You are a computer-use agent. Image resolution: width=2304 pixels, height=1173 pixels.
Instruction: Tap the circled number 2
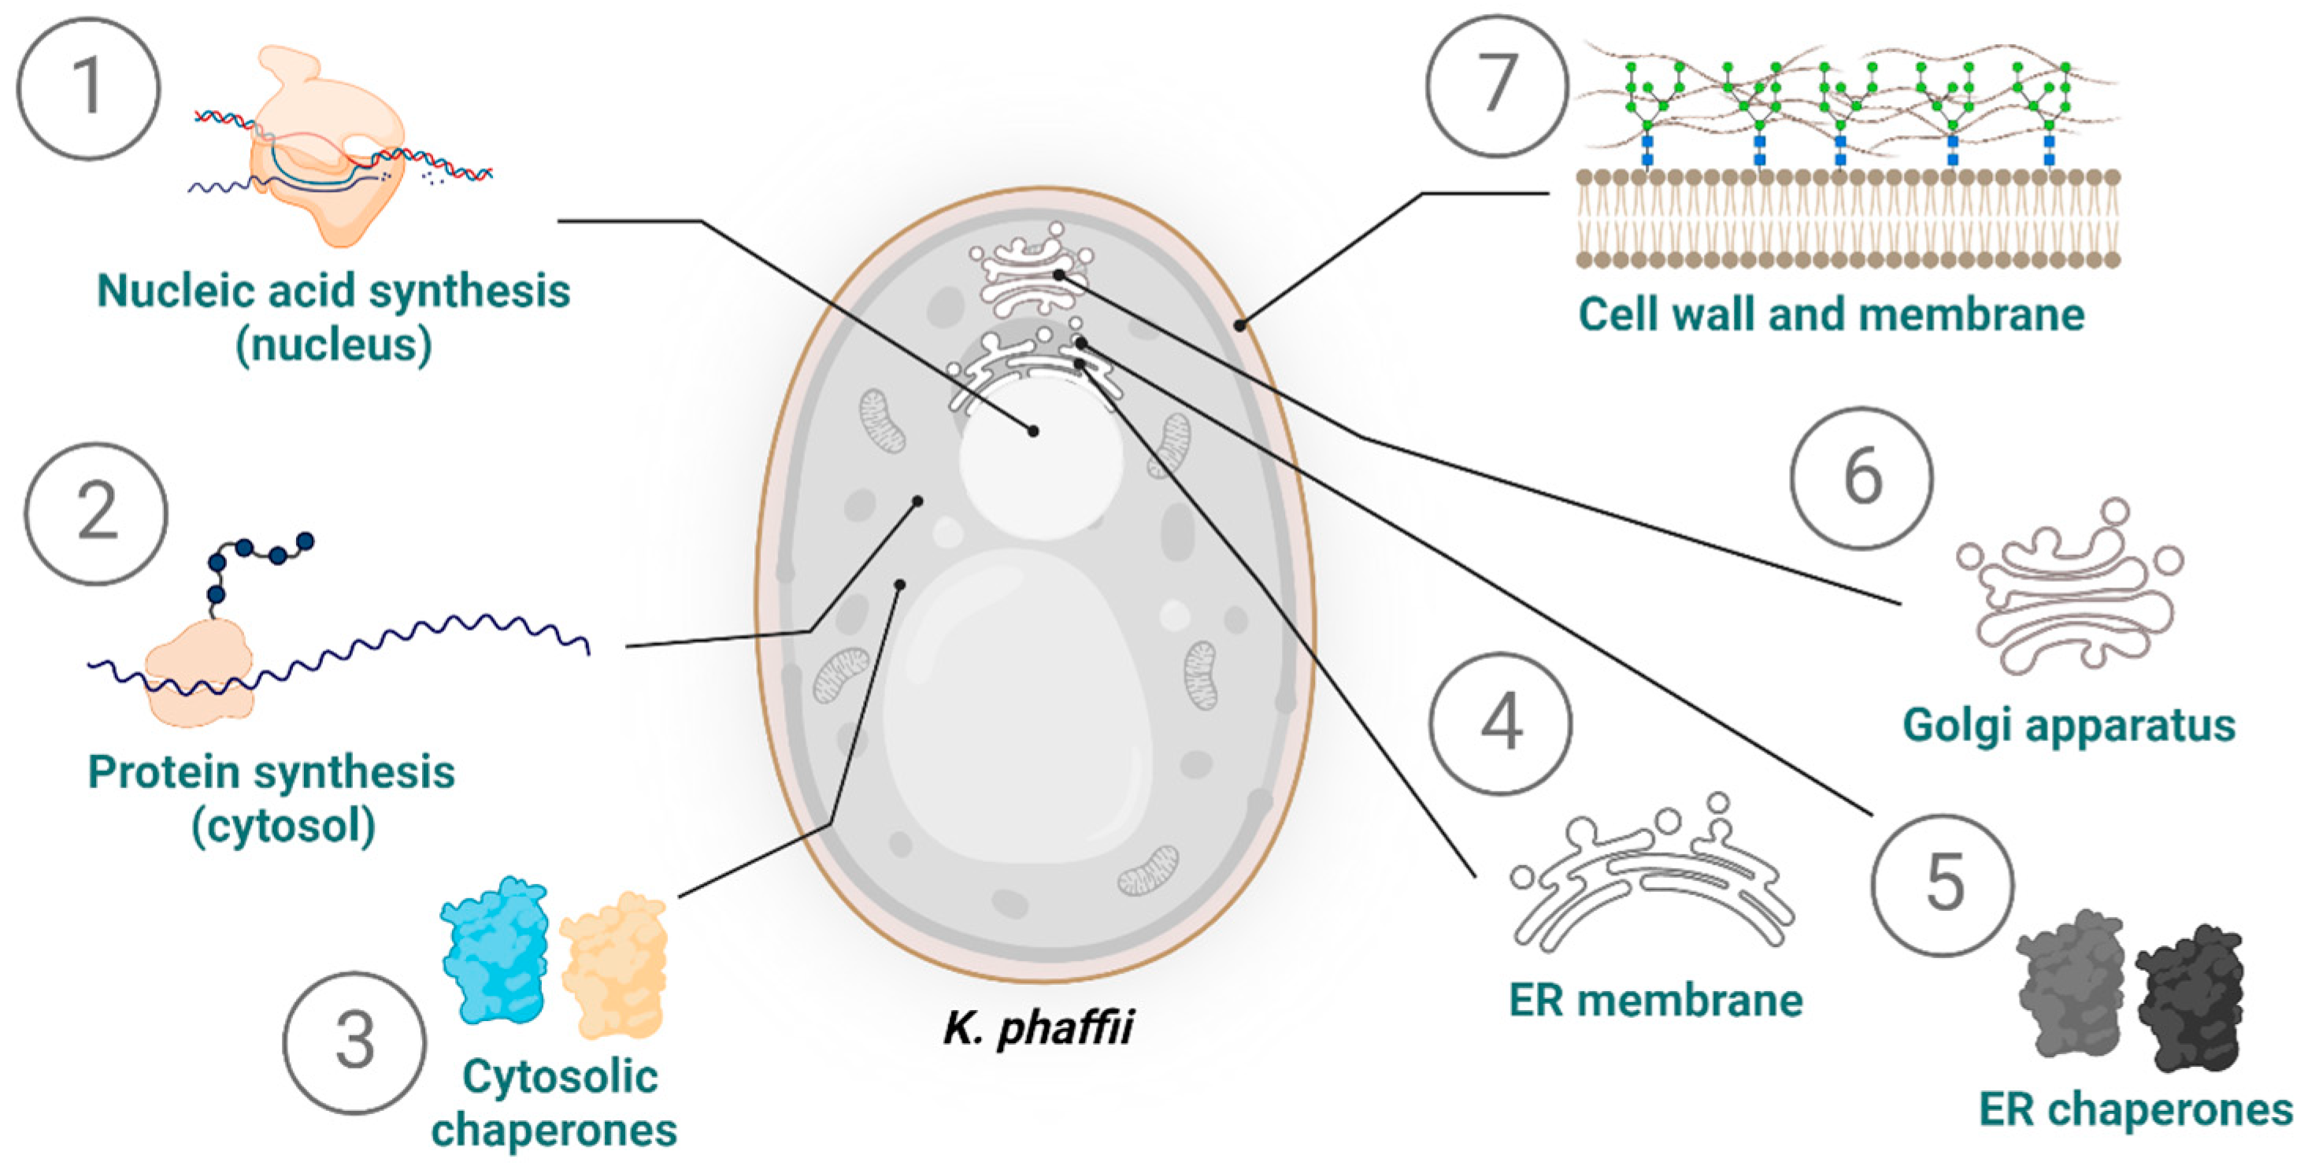pyautogui.click(x=96, y=513)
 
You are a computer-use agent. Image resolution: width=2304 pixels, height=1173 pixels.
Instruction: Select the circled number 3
pyautogui.click(x=355, y=1042)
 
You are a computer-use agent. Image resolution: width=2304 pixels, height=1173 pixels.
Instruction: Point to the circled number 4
pyautogui.click(x=1500, y=723)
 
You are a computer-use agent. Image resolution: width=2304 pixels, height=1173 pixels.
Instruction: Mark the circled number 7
pyautogui.click(x=1497, y=86)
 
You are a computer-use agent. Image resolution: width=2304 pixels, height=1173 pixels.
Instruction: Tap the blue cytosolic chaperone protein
pyautogui.click(x=495, y=949)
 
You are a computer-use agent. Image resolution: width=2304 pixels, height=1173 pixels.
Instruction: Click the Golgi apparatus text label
pyautogui.click(x=2068, y=726)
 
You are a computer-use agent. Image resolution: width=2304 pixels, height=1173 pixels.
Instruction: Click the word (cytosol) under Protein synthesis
pyautogui.click(x=283, y=826)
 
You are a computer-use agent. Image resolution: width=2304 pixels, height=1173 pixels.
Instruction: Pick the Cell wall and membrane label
pyautogui.click(x=1831, y=315)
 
